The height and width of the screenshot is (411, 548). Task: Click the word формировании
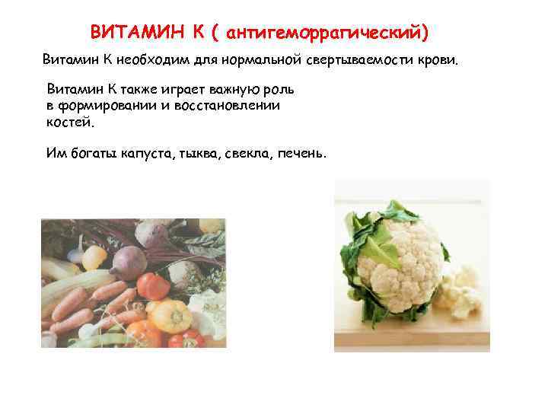coord(107,106)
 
